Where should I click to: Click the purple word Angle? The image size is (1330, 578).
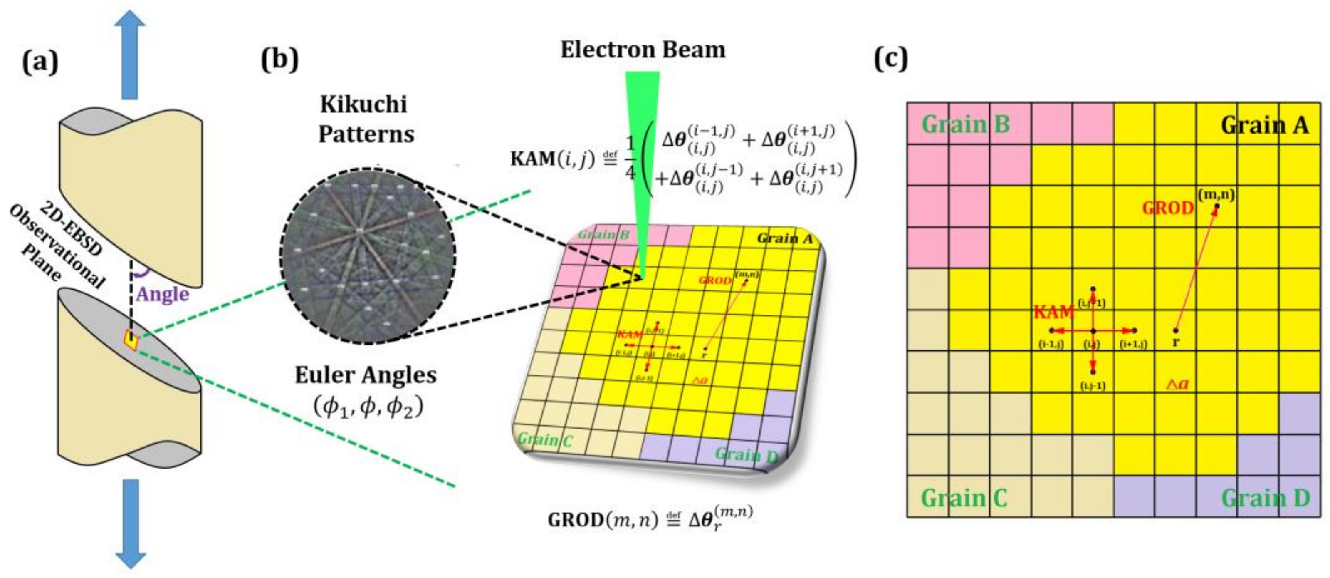click(163, 294)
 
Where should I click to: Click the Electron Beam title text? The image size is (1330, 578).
click(643, 50)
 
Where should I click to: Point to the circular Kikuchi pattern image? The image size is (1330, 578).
click(368, 255)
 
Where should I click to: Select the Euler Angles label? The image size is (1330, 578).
click(366, 375)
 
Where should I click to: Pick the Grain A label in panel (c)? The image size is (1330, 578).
click(1264, 126)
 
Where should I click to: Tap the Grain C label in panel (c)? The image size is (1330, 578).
click(964, 498)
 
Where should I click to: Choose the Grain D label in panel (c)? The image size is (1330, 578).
click(1266, 498)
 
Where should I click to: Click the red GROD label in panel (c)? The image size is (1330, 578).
click(1168, 208)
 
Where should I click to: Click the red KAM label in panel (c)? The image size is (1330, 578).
click(1054, 313)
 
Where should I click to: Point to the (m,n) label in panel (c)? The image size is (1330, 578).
click(1216, 195)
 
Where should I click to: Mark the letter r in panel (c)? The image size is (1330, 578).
click(1176, 342)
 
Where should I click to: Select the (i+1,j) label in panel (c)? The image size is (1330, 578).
click(1133, 345)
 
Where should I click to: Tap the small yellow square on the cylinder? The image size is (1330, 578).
click(131, 340)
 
